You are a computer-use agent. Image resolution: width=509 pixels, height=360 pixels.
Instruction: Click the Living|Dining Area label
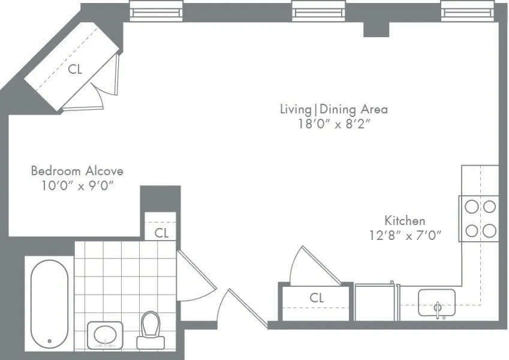tap(334, 109)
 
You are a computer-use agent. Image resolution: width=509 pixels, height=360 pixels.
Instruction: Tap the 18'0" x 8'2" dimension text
tap(334, 125)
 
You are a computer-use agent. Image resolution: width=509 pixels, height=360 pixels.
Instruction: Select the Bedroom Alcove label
tap(77, 171)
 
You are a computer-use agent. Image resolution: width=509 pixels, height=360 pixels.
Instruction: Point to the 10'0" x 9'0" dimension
tap(77, 186)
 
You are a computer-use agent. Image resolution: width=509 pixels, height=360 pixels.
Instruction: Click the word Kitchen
tap(405, 220)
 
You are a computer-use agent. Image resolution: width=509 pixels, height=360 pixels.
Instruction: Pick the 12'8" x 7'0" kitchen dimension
tap(405, 236)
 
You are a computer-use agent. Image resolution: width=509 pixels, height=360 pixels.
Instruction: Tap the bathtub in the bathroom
tap(49, 303)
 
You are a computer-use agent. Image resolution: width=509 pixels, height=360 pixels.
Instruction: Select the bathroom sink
tap(106, 335)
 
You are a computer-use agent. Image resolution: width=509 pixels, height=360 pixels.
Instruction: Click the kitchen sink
tap(437, 302)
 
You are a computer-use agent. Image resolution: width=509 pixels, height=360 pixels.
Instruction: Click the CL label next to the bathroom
tap(161, 232)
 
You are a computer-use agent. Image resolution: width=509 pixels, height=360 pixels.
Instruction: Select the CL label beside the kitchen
tap(317, 297)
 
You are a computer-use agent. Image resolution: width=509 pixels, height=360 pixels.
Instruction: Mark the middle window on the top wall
tap(314, 10)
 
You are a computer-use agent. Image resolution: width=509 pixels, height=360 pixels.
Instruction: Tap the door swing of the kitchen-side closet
tap(312, 267)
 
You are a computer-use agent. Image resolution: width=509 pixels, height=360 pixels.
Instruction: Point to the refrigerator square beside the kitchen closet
tap(374, 302)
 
